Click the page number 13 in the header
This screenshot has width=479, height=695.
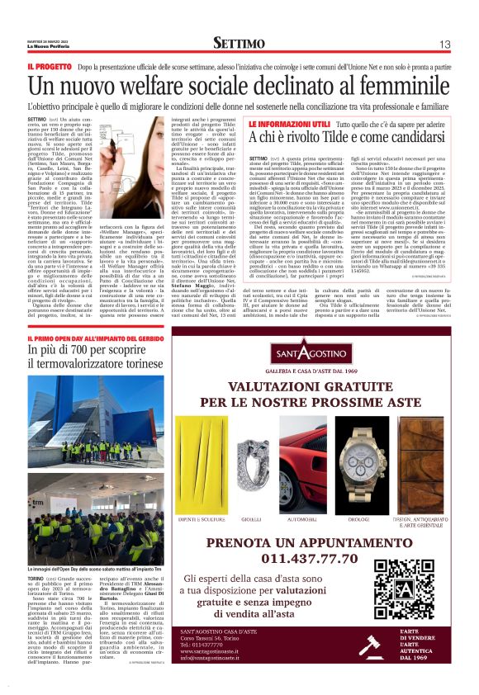pos(444,43)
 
